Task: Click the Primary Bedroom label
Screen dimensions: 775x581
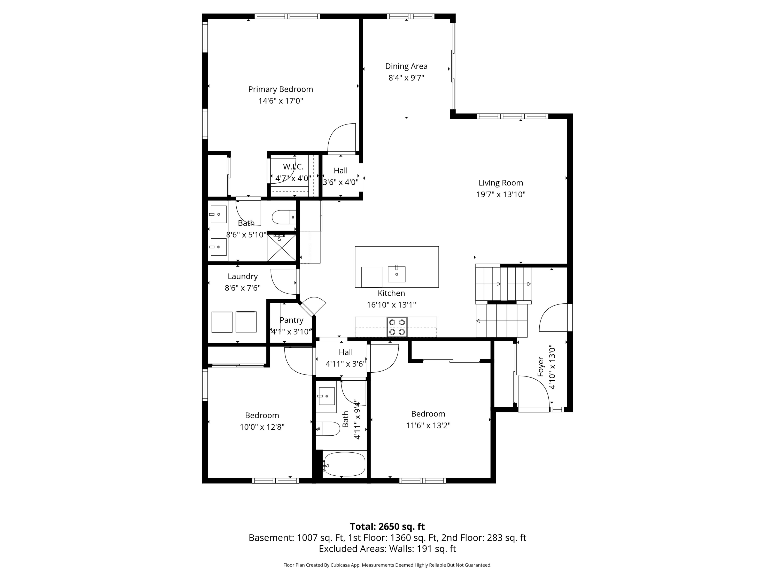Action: [x=281, y=89]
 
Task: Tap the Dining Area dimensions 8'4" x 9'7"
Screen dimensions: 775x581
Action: [x=406, y=78]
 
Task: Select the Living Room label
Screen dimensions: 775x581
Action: [x=501, y=183]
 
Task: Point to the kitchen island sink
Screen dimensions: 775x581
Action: [x=397, y=274]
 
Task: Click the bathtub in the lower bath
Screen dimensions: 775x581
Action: [x=344, y=464]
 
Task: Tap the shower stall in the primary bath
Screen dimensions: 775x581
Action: [x=281, y=248]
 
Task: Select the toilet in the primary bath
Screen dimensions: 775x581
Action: [x=284, y=217]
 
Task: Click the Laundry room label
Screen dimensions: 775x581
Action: [x=243, y=276]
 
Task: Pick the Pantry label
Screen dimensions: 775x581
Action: [x=291, y=320]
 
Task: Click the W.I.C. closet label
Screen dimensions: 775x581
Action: [x=293, y=167]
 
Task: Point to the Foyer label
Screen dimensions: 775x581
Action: [x=541, y=367]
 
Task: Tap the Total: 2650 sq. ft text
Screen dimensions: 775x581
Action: [x=388, y=527]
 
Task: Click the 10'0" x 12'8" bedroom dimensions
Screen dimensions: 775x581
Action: [x=262, y=427]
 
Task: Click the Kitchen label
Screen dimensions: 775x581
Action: [x=391, y=293]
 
